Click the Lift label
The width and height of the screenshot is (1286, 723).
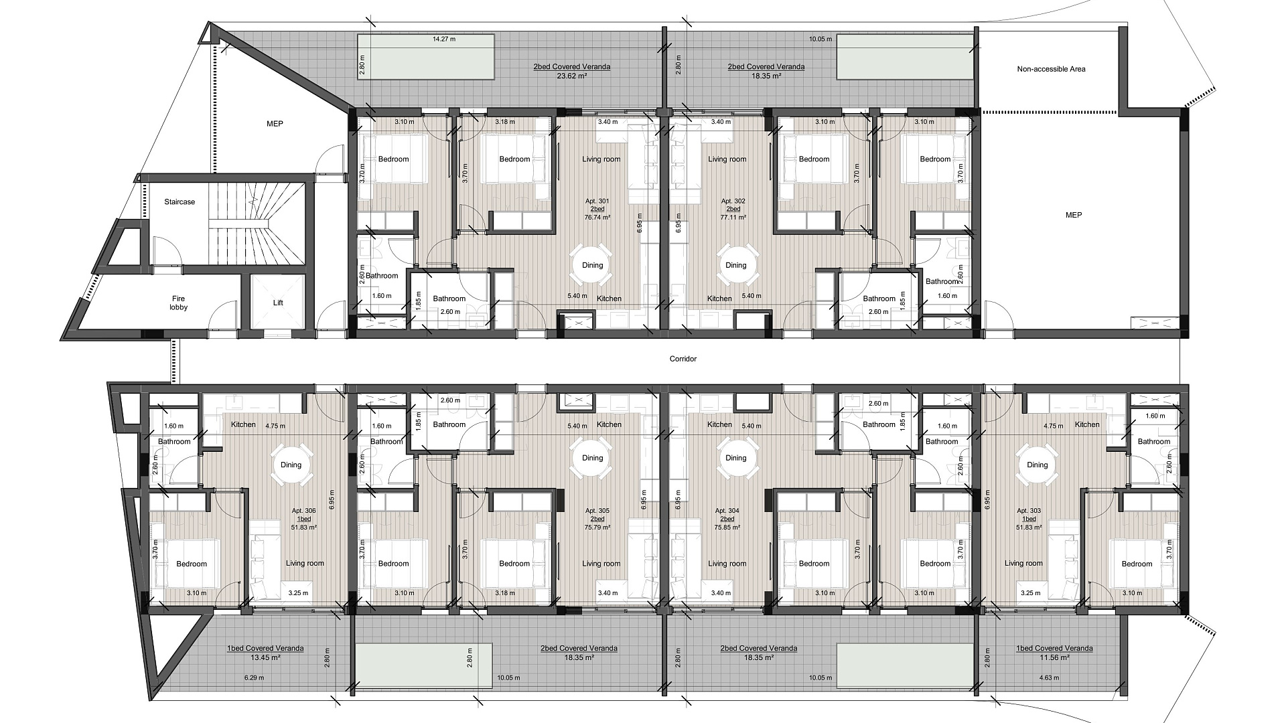tap(278, 303)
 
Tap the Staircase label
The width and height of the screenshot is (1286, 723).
tap(180, 202)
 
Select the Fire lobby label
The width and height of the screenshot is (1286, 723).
tap(178, 303)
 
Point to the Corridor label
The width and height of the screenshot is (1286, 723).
tap(683, 359)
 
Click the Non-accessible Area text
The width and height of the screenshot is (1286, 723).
tap(1051, 69)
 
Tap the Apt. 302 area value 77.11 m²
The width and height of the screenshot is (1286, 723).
tap(733, 218)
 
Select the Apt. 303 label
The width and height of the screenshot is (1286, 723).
tap(1028, 510)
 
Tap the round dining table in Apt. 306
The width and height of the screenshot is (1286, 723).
tap(291, 465)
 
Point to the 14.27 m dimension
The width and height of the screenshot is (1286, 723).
tap(444, 39)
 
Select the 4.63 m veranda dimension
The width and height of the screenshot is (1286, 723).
tap(1049, 677)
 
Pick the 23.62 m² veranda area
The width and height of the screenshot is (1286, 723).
tap(571, 76)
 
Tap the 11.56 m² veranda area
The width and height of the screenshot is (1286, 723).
tap(1054, 657)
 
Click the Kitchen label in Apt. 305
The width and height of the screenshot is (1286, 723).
tap(609, 424)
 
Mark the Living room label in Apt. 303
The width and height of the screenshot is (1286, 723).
tap(1023, 564)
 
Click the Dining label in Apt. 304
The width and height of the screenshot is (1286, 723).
tap(735, 458)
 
